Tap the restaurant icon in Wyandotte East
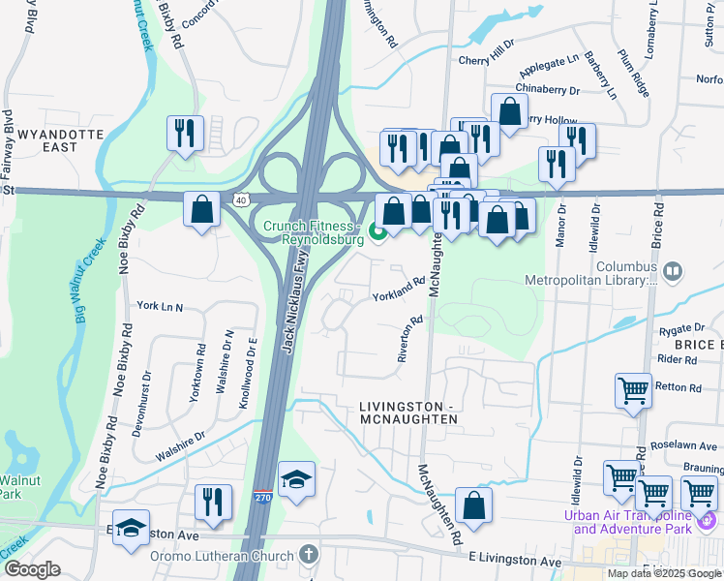pos(185,133)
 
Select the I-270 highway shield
pos(263,498)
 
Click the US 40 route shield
pos(241,199)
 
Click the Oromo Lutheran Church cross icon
pos(308,555)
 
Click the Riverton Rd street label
pos(411,338)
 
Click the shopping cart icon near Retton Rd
pos(633,390)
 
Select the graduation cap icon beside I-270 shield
pos(296,479)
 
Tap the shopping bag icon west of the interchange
pos(201,209)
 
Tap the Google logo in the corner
pos(32,569)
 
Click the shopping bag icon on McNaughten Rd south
pos(473,505)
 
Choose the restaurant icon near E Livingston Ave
pos(213,502)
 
